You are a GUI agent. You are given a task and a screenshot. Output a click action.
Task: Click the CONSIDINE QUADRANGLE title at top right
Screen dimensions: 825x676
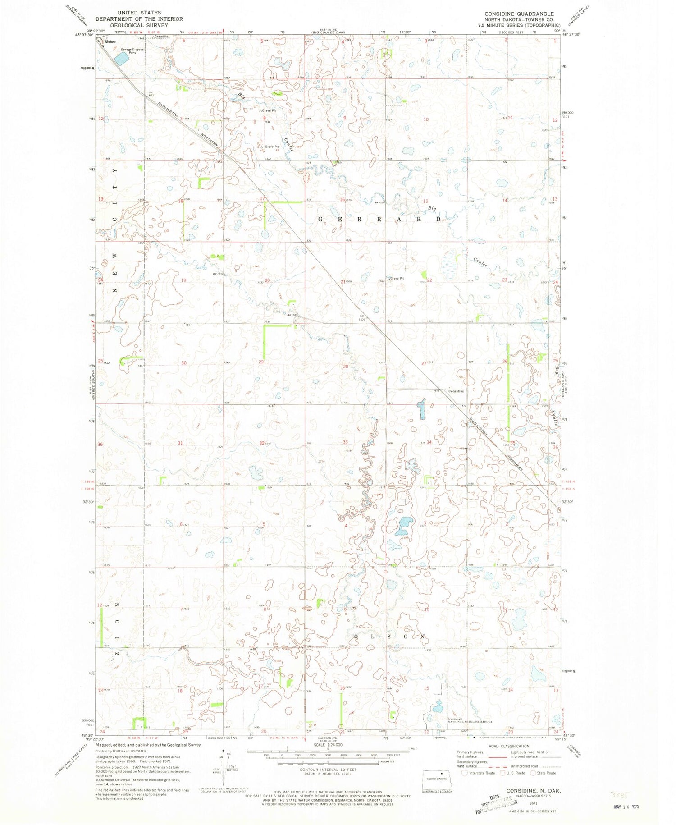point(519,14)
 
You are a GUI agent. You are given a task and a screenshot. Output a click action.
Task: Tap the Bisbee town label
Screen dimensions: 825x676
point(110,42)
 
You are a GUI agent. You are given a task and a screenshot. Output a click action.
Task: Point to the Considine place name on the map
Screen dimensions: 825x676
point(456,391)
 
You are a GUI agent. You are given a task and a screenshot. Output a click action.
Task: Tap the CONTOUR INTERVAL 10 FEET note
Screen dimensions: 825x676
point(328,770)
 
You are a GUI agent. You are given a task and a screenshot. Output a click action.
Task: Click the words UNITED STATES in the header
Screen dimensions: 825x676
point(139,13)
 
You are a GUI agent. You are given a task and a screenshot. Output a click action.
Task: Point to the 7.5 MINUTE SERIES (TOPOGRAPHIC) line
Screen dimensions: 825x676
point(519,25)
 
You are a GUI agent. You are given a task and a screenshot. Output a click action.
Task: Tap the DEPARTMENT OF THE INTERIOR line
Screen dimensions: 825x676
point(139,19)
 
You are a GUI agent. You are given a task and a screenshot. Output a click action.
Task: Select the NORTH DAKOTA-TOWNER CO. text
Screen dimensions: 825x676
point(519,20)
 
